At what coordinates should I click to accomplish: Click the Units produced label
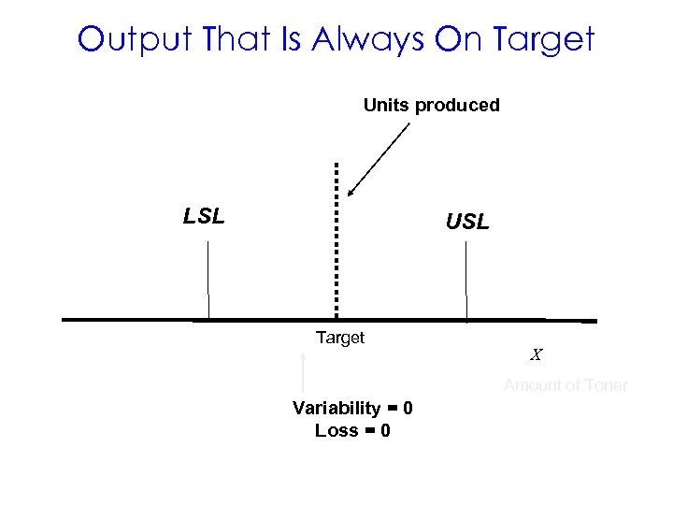click(x=431, y=105)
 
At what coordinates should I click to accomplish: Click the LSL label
click(x=204, y=217)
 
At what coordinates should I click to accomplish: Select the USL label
click(x=466, y=223)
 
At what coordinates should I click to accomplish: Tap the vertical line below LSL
click(x=208, y=281)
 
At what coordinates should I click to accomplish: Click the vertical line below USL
click(x=465, y=281)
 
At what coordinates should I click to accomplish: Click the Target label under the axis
click(x=340, y=338)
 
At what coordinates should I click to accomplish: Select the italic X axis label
click(x=537, y=355)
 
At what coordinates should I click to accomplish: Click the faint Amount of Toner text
click(x=566, y=385)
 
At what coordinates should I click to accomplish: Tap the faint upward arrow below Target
click(x=305, y=374)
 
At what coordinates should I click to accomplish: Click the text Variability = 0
click(x=352, y=409)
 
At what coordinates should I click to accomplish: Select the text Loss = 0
click(x=352, y=430)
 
